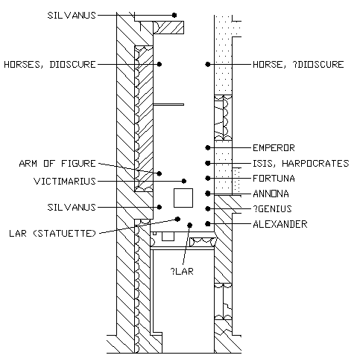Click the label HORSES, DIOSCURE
click(x=50, y=65)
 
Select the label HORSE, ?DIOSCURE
click(x=298, y=65)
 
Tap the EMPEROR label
click(x=274, y=148)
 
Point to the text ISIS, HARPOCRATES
click(x=301, y=164)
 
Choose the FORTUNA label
click(x=274, y=179)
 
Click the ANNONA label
click(x=271, y=194)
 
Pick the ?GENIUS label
click(x=272, y=209)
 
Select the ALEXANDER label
click(x=280, y=224)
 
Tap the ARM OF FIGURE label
click(x=57, y=164)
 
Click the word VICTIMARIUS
click(x=65, y=182)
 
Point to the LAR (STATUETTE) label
click(x=52, y=234)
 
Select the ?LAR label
click(x=182, y=272)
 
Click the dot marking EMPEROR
click(x=208, y=148)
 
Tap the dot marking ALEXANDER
click(x=208, y=224)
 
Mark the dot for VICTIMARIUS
click(x=184, y=181)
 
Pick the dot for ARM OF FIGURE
click(x=160, y=173)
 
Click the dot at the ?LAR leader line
click(x=190, y=226)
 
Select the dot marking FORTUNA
click(x=208, y=179)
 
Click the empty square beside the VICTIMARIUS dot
click(x=183, y=198)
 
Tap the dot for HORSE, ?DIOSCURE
click(x=208, y=64)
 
